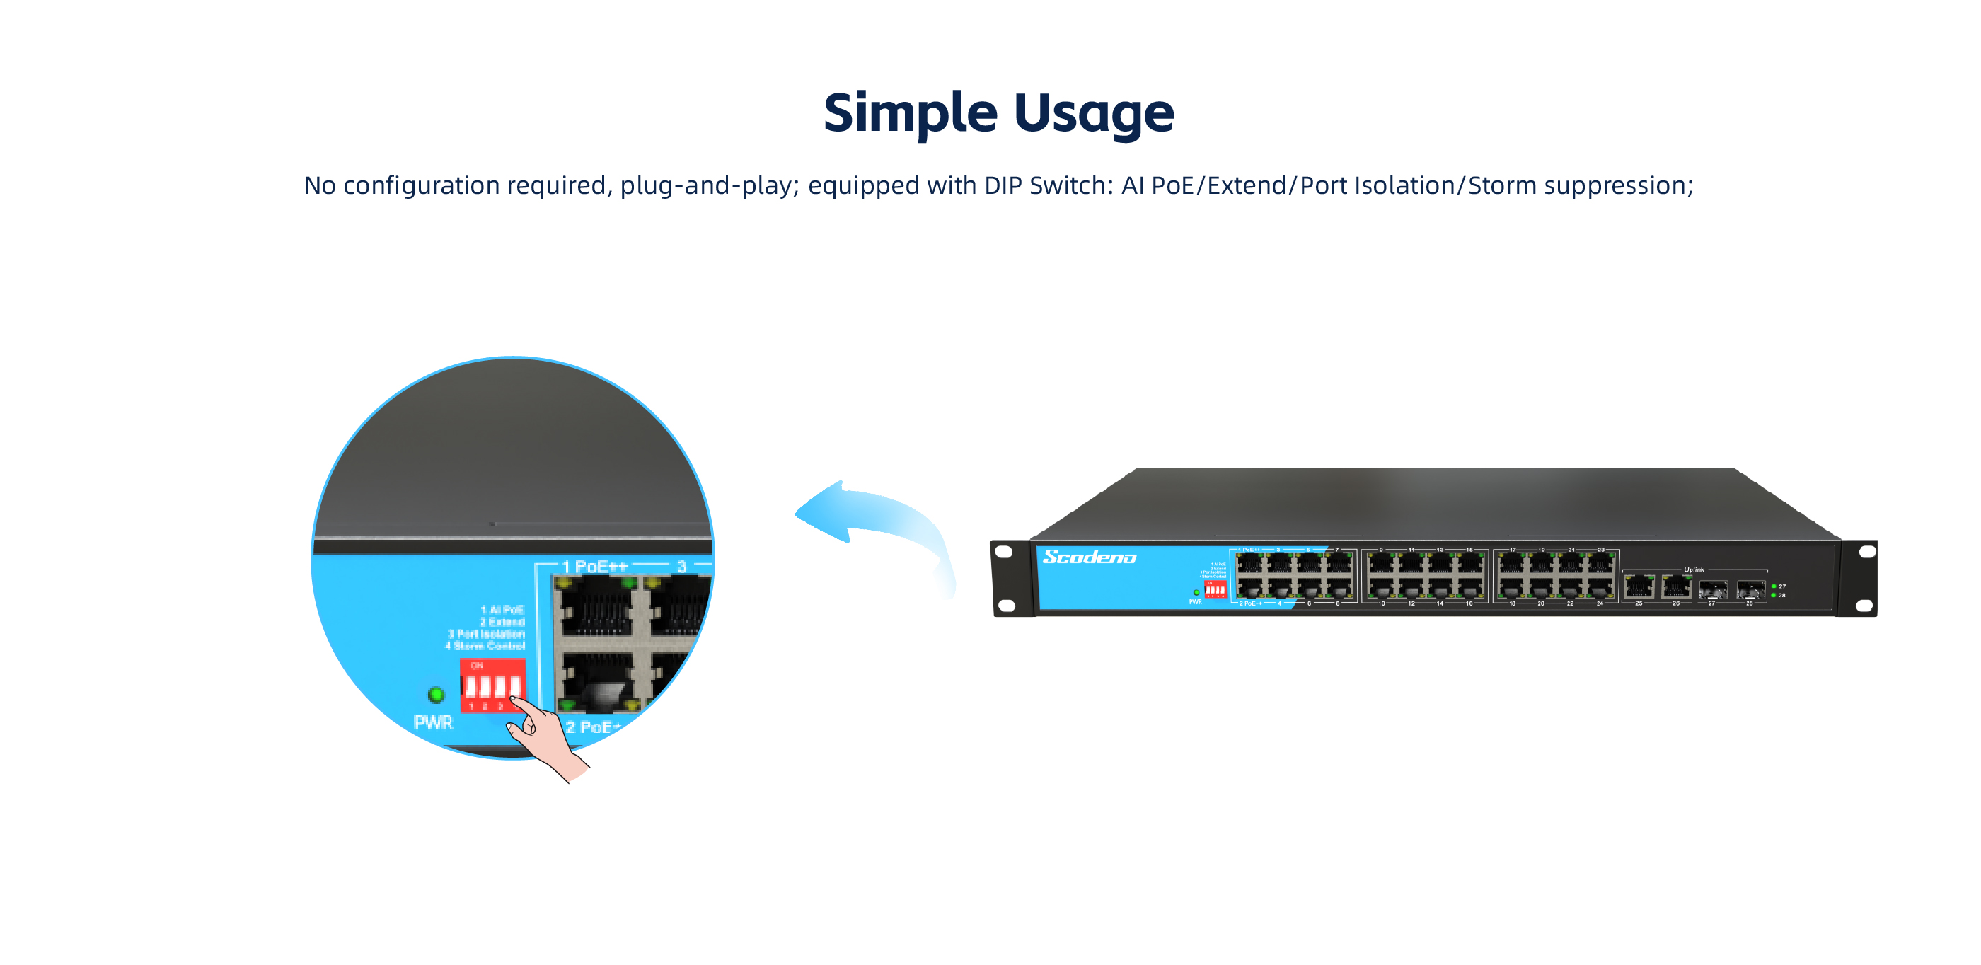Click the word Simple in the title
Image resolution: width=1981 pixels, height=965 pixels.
[911, 113]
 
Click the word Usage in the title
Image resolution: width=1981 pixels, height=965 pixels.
[1094, 113]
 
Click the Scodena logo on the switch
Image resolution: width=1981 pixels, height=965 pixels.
[1089, 557]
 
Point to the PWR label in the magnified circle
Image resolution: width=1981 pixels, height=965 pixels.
[433, 723]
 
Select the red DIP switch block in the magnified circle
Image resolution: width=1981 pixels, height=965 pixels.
[492, 684]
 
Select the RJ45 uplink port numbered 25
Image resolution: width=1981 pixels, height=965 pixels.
[1639, 587]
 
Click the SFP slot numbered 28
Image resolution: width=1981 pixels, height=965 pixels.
[1750, 590]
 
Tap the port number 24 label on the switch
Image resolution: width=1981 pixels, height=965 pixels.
[1600, 603]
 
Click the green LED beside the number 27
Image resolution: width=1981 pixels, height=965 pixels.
[1774, 586]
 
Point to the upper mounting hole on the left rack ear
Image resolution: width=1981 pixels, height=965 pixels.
[1003, 551]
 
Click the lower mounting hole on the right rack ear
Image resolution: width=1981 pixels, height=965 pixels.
[1864, 605]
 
